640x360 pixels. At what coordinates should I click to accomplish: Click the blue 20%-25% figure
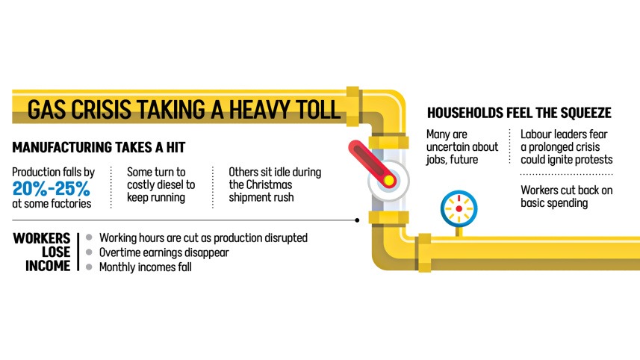[x=51, y=188]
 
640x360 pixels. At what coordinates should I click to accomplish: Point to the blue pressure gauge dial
[x=459, y=208]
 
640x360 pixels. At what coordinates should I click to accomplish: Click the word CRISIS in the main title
[x=102, y=109]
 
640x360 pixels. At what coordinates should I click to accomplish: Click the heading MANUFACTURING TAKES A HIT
[x=99, y=147]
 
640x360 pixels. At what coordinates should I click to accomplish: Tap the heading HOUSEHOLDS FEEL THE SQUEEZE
[x=519, y=113]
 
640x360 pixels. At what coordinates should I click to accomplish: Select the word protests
[x=593, y=160]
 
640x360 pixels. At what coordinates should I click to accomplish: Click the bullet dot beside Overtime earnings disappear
[x=89, y=252]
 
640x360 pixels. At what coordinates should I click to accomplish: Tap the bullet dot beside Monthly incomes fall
[x=89, y=267]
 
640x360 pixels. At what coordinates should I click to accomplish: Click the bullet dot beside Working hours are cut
[x=89, y=238]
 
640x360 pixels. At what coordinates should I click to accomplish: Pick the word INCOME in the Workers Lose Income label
[x=48, y=266]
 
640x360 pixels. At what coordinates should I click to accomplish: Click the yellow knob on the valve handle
[x=389, y=180]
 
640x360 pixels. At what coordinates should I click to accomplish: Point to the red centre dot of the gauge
[x=459, y=208]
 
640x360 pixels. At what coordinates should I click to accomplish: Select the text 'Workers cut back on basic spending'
[x=567, y=196]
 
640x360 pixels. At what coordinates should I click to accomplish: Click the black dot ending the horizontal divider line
[x=357, y=220]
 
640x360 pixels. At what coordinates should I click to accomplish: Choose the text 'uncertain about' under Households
[x=462, y=147]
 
